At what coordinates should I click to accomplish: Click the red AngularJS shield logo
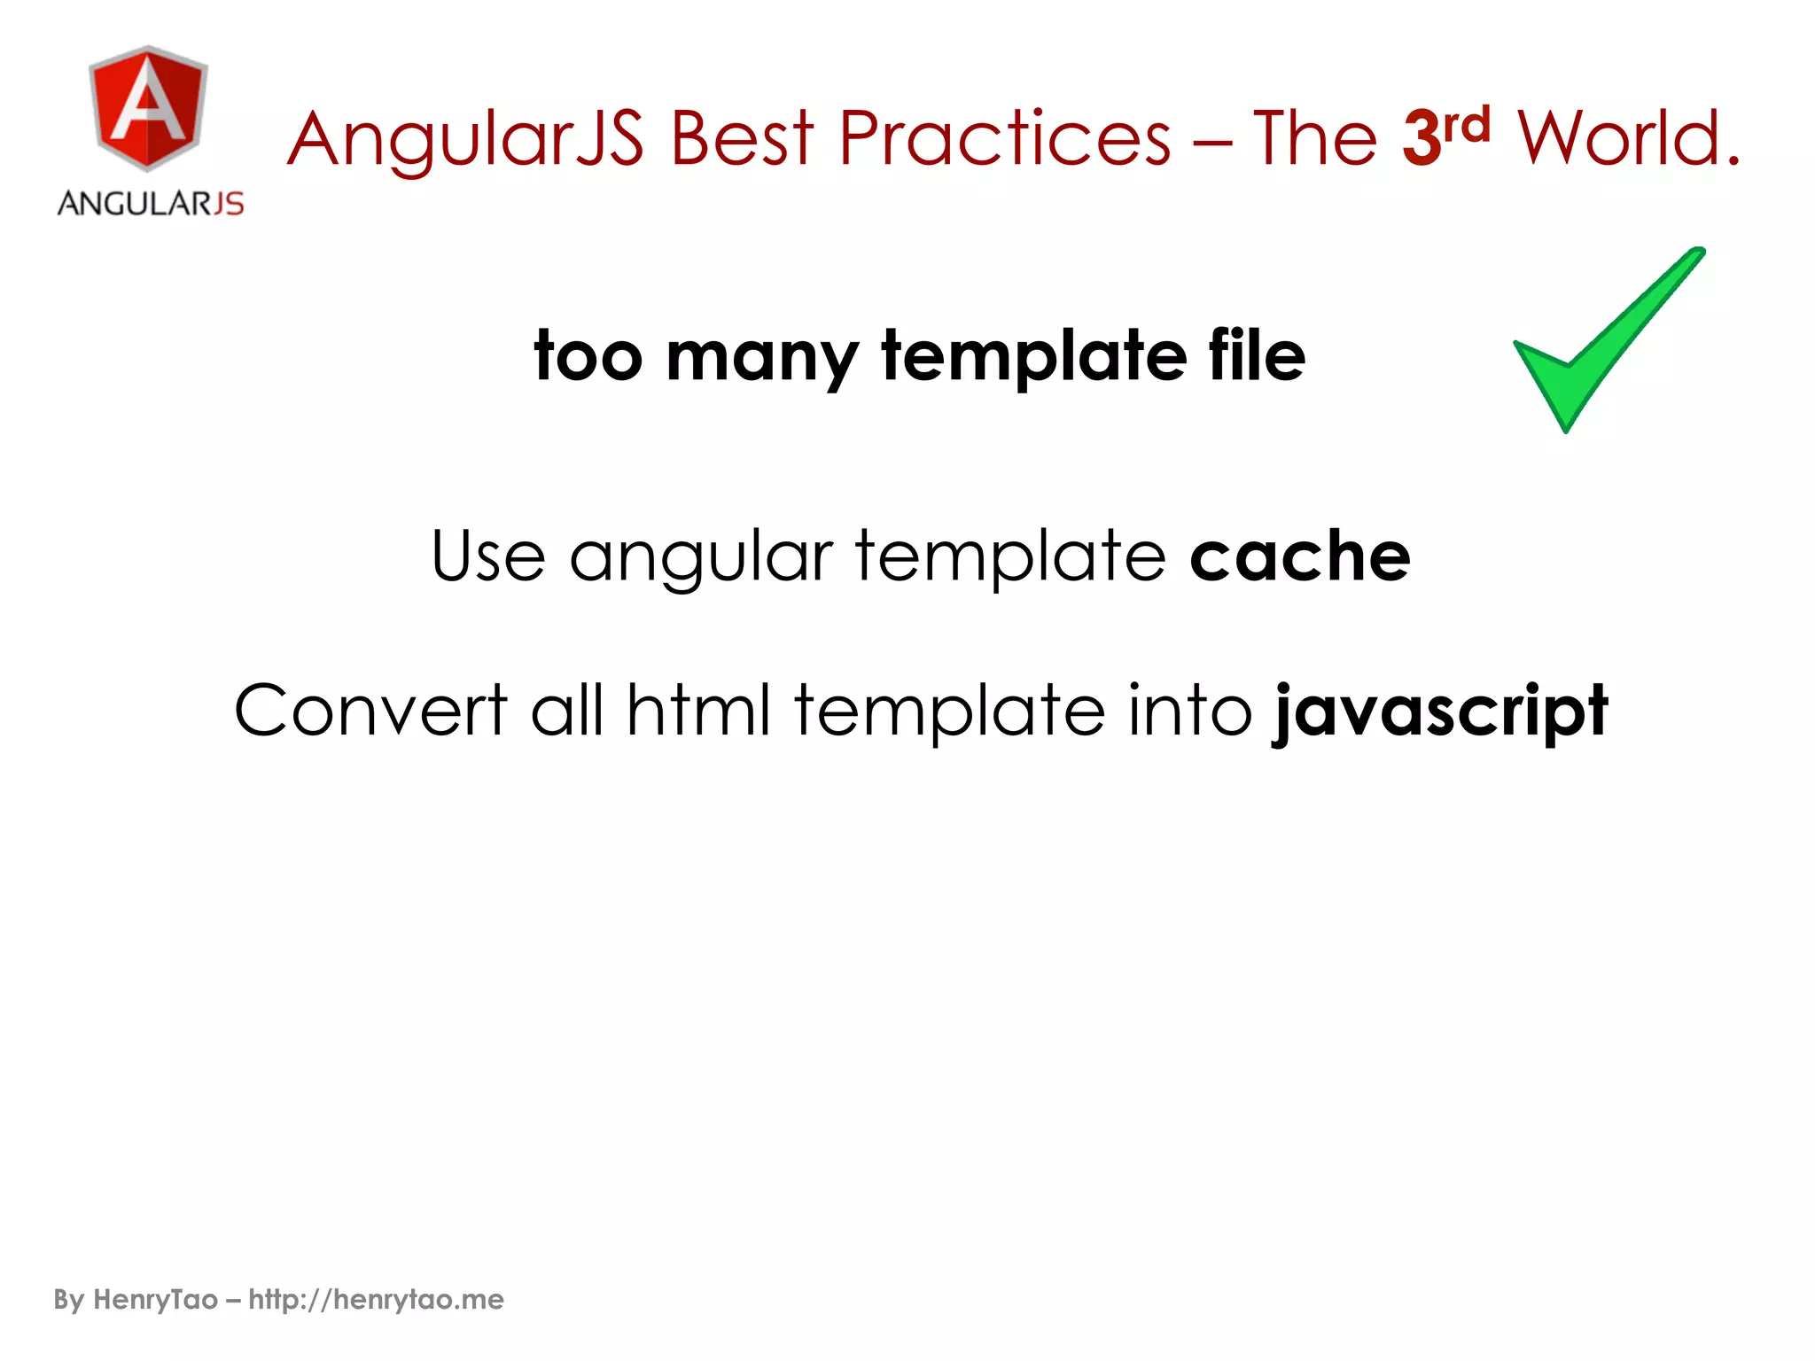tap(149, 108)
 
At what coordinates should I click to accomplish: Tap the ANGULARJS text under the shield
tap(151, 204)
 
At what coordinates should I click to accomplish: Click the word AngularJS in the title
tap(465, 140)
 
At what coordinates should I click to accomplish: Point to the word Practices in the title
tap(1005, 138)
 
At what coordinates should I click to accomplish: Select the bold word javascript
tap(1440, 712)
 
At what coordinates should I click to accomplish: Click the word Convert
tap(370, 711)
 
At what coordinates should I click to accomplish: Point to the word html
tap(698, 711)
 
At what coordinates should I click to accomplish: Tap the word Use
tap(488, 556)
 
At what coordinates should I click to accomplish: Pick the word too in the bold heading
tap(588, 356)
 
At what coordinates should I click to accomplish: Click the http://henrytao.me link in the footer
tap(376, 1300)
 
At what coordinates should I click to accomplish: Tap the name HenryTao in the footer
tap(155, 1300)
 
